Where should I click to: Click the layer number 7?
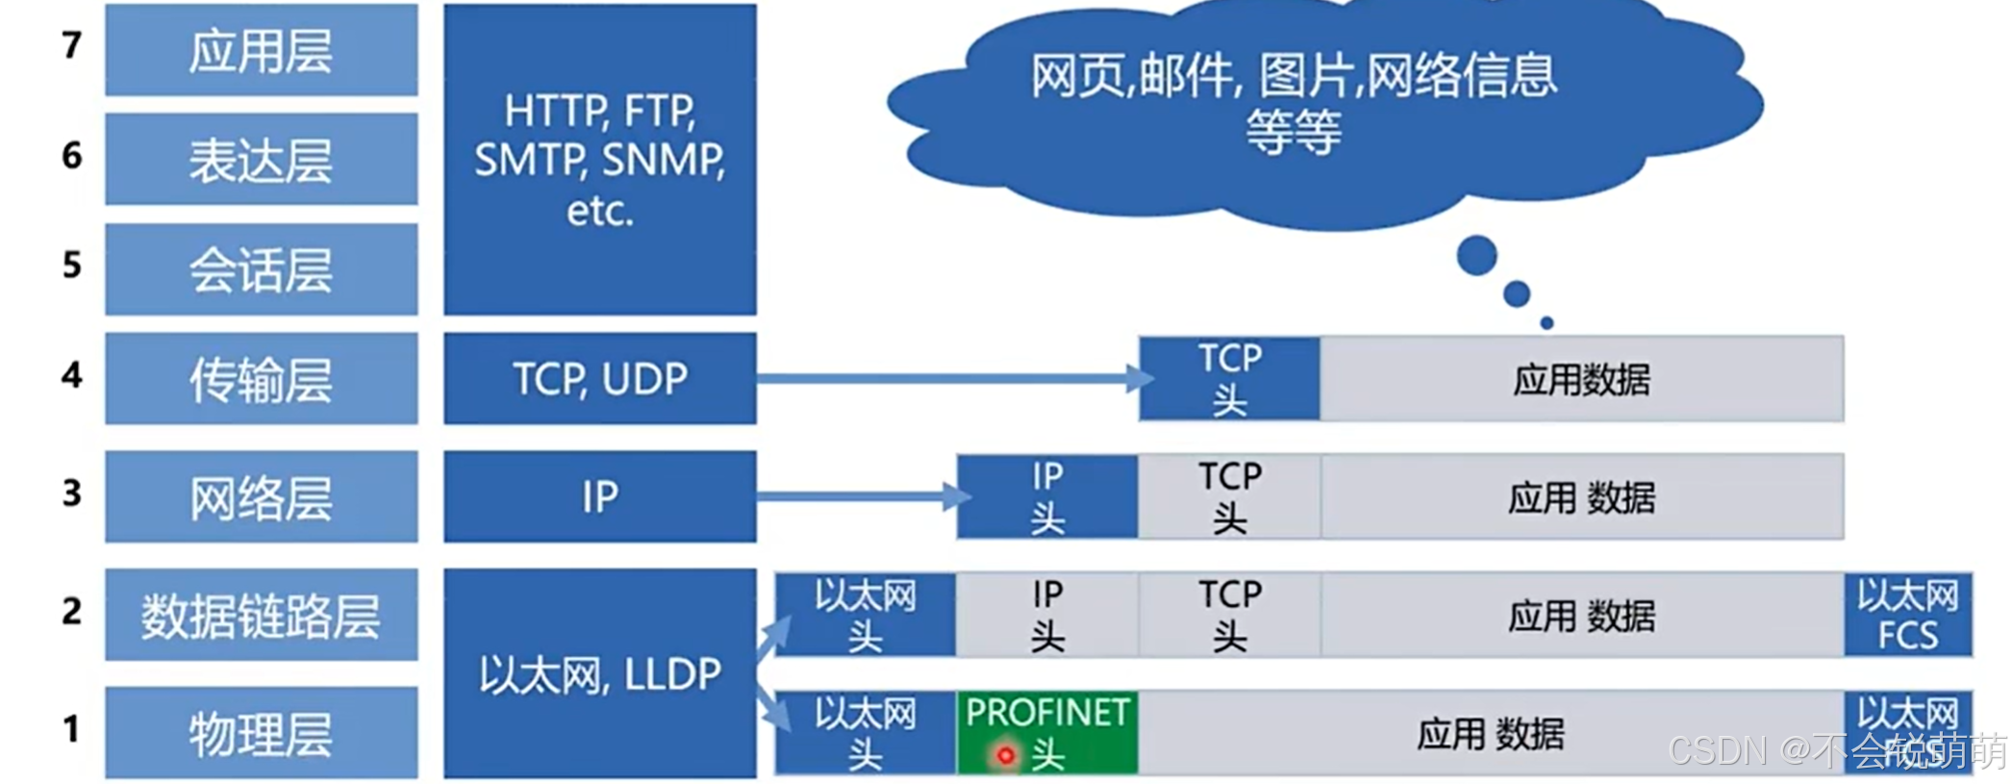[x=71, y=45]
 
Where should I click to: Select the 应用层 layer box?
[x=261, y=50]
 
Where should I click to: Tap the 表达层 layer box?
[x=261, y=160]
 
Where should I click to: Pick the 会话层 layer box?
[x=261, y=269]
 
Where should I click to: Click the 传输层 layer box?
[x=261, y=378]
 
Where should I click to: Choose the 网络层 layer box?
[x=261, y=496]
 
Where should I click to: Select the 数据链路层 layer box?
[x=261, y=615]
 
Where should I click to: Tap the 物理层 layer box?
[x=261, y=732]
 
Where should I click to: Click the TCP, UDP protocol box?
[x=599, y=378]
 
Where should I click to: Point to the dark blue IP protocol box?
[x=599, y=496]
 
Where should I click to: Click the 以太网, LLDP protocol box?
[x=599, y=673]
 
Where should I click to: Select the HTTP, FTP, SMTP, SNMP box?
[x=599, y=160]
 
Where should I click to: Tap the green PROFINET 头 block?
[x=1046, y=732]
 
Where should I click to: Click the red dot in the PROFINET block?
[x=1005, y=755]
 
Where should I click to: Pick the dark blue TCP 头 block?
[x=1229, y=378]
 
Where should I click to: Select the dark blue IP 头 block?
[x=1046, y=496]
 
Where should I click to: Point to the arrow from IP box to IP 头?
[x=856, y=496]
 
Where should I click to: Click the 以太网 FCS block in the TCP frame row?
[x=1907, y=615]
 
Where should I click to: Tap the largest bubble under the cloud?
[x=1476, y=256]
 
